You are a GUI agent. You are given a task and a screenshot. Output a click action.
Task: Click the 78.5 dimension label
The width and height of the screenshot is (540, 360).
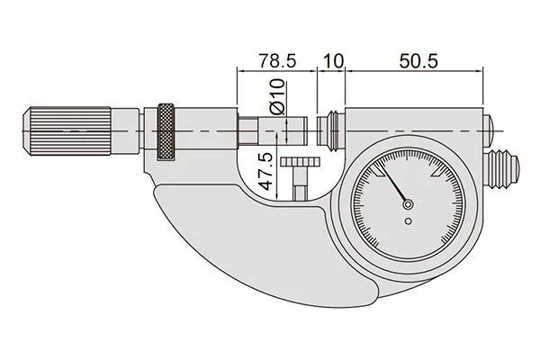click(x=277, y=61)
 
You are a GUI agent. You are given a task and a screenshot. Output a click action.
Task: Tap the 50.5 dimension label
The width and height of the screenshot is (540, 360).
click(x=418, y=61)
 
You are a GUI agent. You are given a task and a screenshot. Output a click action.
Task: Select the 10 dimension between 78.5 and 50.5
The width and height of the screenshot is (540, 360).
click(x=334, y=61)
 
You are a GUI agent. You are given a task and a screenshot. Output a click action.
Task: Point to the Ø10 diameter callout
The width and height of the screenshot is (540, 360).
click(x=277, y=97)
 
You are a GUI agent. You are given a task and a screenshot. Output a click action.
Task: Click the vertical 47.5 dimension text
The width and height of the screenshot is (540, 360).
click(x=266, y=172)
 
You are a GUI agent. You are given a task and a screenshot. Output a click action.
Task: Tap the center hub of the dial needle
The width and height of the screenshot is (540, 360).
click(x=408, y=204)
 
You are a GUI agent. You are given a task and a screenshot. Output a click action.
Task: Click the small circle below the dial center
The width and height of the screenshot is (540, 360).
click(x=409, y=221)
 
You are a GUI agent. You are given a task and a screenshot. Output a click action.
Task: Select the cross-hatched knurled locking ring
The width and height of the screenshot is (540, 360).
click(x=166, y=131)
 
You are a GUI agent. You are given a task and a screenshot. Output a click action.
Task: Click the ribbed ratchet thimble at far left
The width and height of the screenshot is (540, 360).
click(x=67, y=131)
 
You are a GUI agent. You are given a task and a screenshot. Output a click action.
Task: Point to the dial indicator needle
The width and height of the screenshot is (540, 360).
click(x=392, y=184)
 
